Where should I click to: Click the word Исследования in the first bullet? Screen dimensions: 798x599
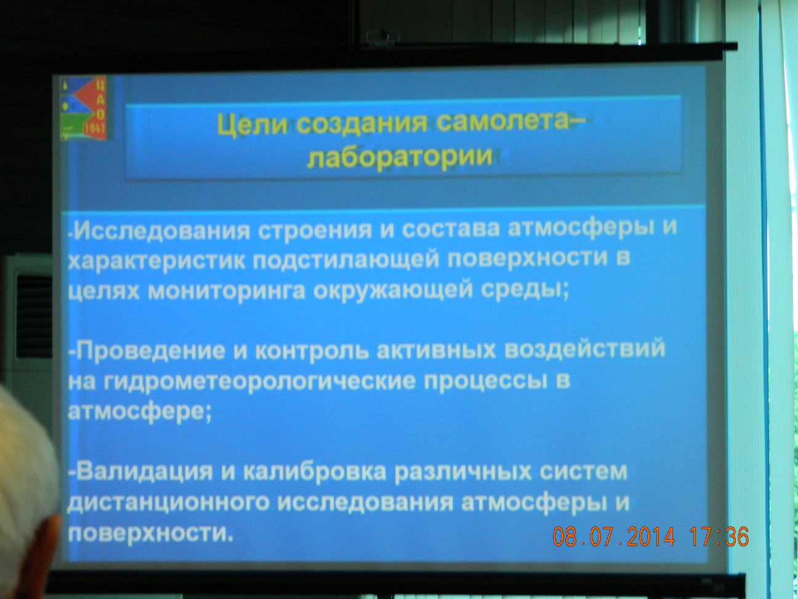point(163,230)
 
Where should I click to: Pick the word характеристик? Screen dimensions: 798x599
point(157,260)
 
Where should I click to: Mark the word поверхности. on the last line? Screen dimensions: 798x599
point(150,534)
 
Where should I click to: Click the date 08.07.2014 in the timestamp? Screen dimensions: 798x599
point(614,536)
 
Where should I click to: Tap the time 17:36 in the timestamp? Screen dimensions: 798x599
point(719,536)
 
